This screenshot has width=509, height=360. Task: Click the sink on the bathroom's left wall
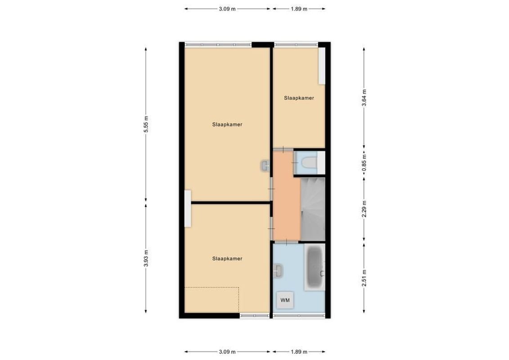[x=278, y=270]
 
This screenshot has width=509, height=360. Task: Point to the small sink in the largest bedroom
[x=265, y=166]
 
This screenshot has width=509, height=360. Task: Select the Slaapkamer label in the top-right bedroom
[x=298, y=98]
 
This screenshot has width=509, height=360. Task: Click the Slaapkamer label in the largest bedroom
[x=228, y=125]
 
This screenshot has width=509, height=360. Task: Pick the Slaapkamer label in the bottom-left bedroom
[x=227, y=259]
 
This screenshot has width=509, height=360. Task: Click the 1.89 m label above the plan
[x=298, y=9]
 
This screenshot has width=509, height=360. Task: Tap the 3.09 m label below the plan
[x=227, y=352]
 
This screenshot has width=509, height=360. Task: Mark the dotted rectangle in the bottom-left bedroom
[x=212, y=299]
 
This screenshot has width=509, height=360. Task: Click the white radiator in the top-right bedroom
[x=322, y=66]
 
